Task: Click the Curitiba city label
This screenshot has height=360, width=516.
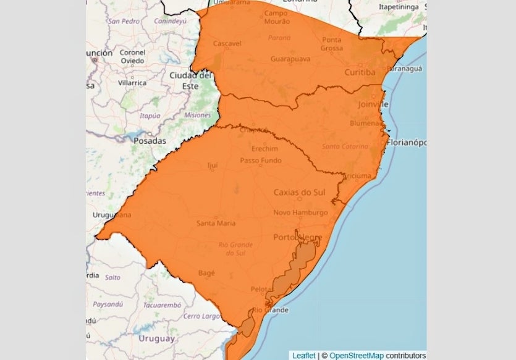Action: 360,73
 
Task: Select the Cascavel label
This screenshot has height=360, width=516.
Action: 227,44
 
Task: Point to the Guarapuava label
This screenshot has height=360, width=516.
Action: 290,59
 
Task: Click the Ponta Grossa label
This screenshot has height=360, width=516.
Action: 332,44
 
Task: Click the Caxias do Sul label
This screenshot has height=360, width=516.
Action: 300,193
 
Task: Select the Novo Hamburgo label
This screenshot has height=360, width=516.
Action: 301,213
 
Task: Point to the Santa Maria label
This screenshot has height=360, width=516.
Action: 216,223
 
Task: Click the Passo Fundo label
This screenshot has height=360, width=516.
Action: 261,161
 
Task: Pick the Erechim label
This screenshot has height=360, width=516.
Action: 265,149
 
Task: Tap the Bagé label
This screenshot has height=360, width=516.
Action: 206,272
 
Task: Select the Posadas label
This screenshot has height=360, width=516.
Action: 150,141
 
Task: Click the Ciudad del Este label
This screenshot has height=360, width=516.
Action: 190,80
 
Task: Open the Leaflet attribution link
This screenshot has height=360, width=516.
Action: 304,356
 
